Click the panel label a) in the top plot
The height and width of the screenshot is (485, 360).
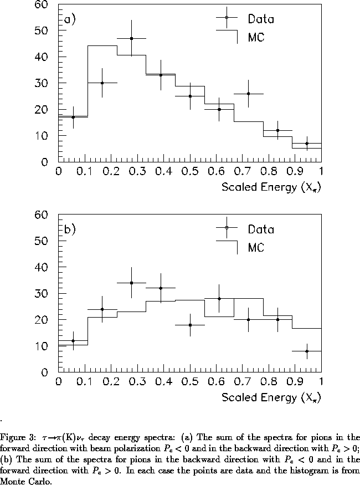70,20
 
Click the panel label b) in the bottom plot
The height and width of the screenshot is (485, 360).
70,229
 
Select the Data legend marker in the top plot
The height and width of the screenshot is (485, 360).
227,18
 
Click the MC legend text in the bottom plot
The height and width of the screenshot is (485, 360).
255,248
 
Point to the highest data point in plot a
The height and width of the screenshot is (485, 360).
131,38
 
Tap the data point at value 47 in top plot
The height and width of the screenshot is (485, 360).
131,38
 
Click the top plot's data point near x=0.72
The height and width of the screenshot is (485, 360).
248,94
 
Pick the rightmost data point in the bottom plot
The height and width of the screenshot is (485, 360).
307,351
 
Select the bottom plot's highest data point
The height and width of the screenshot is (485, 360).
131,283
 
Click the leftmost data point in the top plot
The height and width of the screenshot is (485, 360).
73,117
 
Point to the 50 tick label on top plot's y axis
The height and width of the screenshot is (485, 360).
42,30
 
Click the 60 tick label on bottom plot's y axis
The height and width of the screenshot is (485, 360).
42,215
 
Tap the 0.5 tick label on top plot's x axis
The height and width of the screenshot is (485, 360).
189,171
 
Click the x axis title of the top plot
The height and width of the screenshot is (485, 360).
271,187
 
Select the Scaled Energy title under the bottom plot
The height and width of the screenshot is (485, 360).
271,397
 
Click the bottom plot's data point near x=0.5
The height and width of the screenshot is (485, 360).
190,325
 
